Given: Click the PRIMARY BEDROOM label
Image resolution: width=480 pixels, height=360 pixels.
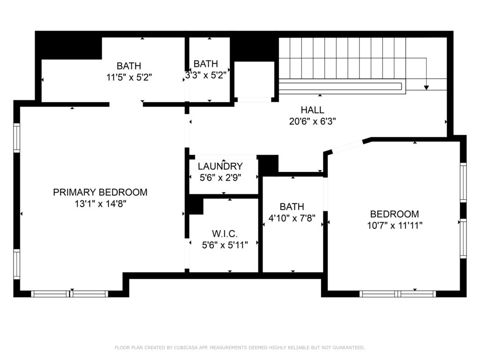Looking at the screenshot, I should pyautogui.click(x=100, y=192).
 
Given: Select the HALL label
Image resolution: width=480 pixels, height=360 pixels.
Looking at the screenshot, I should pyautogui.click(x=313, y=110).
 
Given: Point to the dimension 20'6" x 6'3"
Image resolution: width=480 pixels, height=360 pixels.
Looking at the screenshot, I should pyautogui.click(x=313, y=121).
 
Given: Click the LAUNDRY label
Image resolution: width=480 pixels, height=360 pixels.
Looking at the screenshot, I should pyautogui.click(x=220, y=166).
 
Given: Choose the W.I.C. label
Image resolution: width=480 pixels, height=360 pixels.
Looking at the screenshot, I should pyautogui.click(x=225, y=233).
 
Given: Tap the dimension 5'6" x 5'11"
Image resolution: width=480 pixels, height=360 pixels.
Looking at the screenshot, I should pyautogui.click(x=225, y=244).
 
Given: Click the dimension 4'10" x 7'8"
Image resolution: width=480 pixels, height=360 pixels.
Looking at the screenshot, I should pyautogui.click(x=292, y=217).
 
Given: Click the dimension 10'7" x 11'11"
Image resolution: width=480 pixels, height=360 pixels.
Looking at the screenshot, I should pyautogui.click(x=395, y=225).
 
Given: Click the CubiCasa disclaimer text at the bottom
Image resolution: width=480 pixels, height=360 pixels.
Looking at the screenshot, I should pyautogui.click(x=240, y=348).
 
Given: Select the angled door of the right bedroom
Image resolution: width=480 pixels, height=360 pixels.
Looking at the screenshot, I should pyautogui.click(x=347, y=146).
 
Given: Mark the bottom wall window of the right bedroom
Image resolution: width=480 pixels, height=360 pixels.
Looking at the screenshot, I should pyautogui.click(x=397, y=294).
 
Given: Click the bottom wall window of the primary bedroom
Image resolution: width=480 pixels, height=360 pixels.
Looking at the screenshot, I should pyautogui.click(x=70, y=294).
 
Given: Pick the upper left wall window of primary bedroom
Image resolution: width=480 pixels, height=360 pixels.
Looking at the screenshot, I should pyautogui.click(x=17, y=138).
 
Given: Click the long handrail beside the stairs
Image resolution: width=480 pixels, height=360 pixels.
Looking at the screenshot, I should pyautogui.click(x=340, y=86).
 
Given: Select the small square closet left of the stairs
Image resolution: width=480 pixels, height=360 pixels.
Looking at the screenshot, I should pyautogui.click(x=254, y=80).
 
